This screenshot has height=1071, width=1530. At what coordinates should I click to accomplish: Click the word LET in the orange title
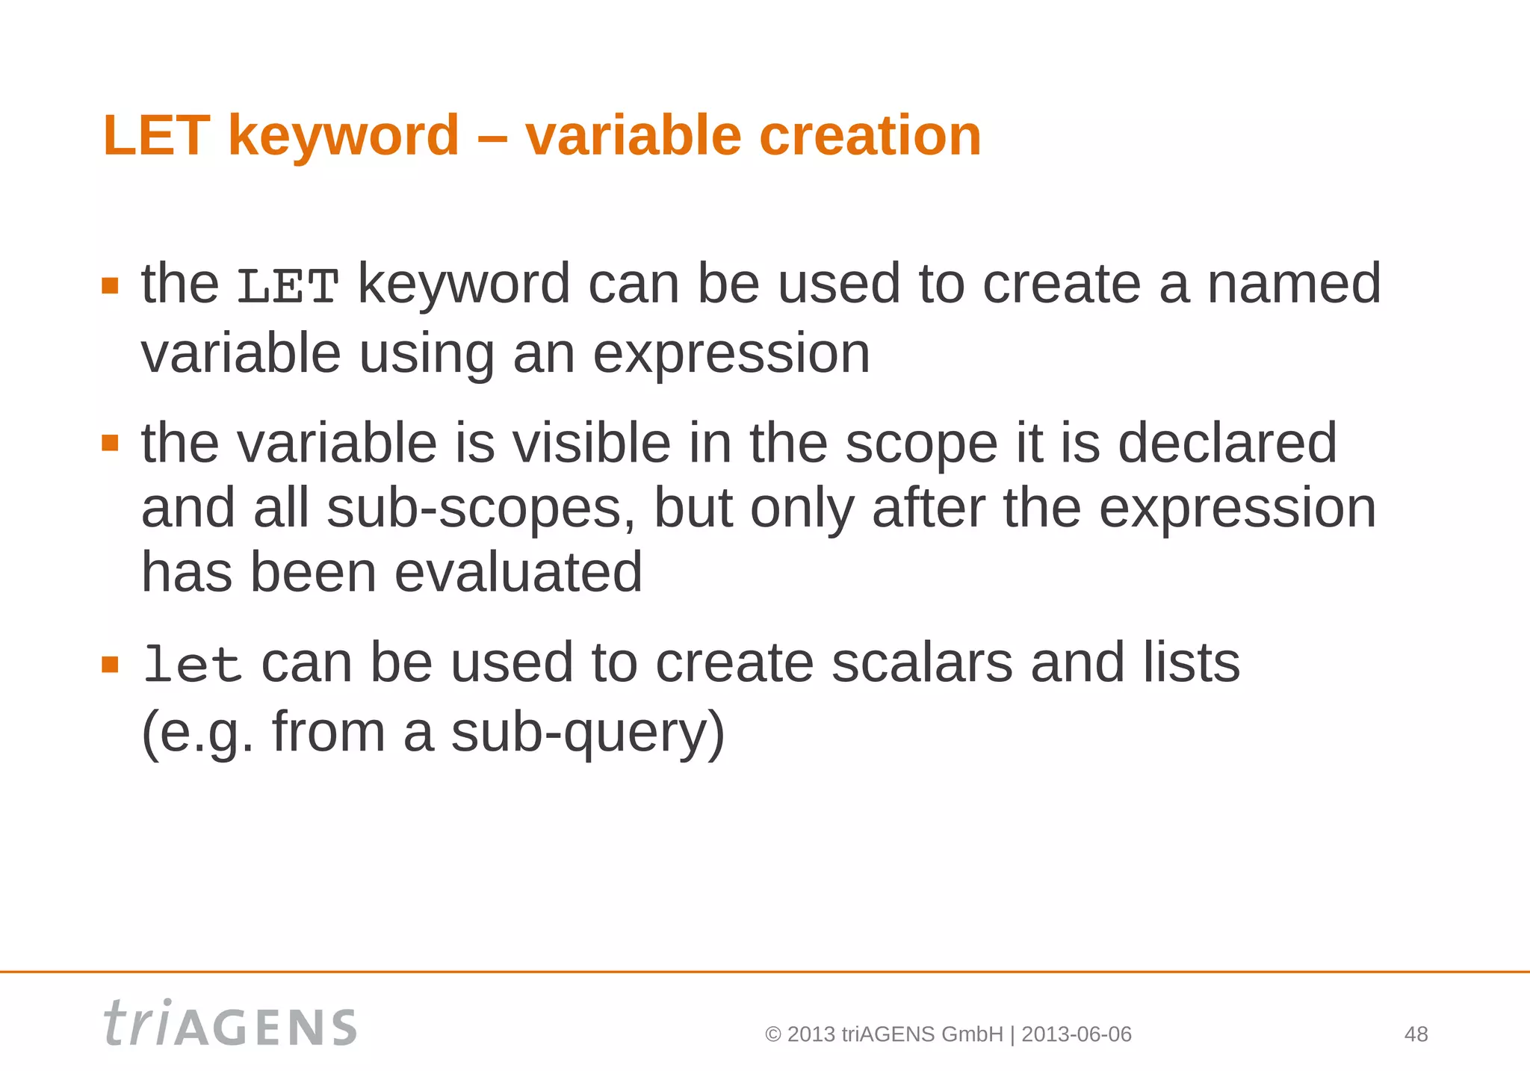coord(157,136)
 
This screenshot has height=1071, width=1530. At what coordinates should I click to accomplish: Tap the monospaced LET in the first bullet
coord(288,287)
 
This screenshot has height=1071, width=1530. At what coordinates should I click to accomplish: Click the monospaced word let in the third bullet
coord(192,664)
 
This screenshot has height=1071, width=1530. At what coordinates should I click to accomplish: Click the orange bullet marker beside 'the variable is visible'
coord(111,444)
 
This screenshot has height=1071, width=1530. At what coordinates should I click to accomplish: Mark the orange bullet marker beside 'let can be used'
coord(111,664)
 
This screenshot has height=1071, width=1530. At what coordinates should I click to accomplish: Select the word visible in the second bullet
coord(591,443)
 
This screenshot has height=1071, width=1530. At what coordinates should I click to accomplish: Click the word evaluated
coord(518,573)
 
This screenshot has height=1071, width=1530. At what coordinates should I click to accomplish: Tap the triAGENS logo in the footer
coord(230,1024)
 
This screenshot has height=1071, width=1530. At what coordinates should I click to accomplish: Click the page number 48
coord(1416,1034)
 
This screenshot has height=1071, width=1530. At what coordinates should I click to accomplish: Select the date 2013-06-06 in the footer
coord(1077,1034)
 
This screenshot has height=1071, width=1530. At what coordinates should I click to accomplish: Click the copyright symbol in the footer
coord(773,1034)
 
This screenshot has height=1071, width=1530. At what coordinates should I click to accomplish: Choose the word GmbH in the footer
coord(972,1034)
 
